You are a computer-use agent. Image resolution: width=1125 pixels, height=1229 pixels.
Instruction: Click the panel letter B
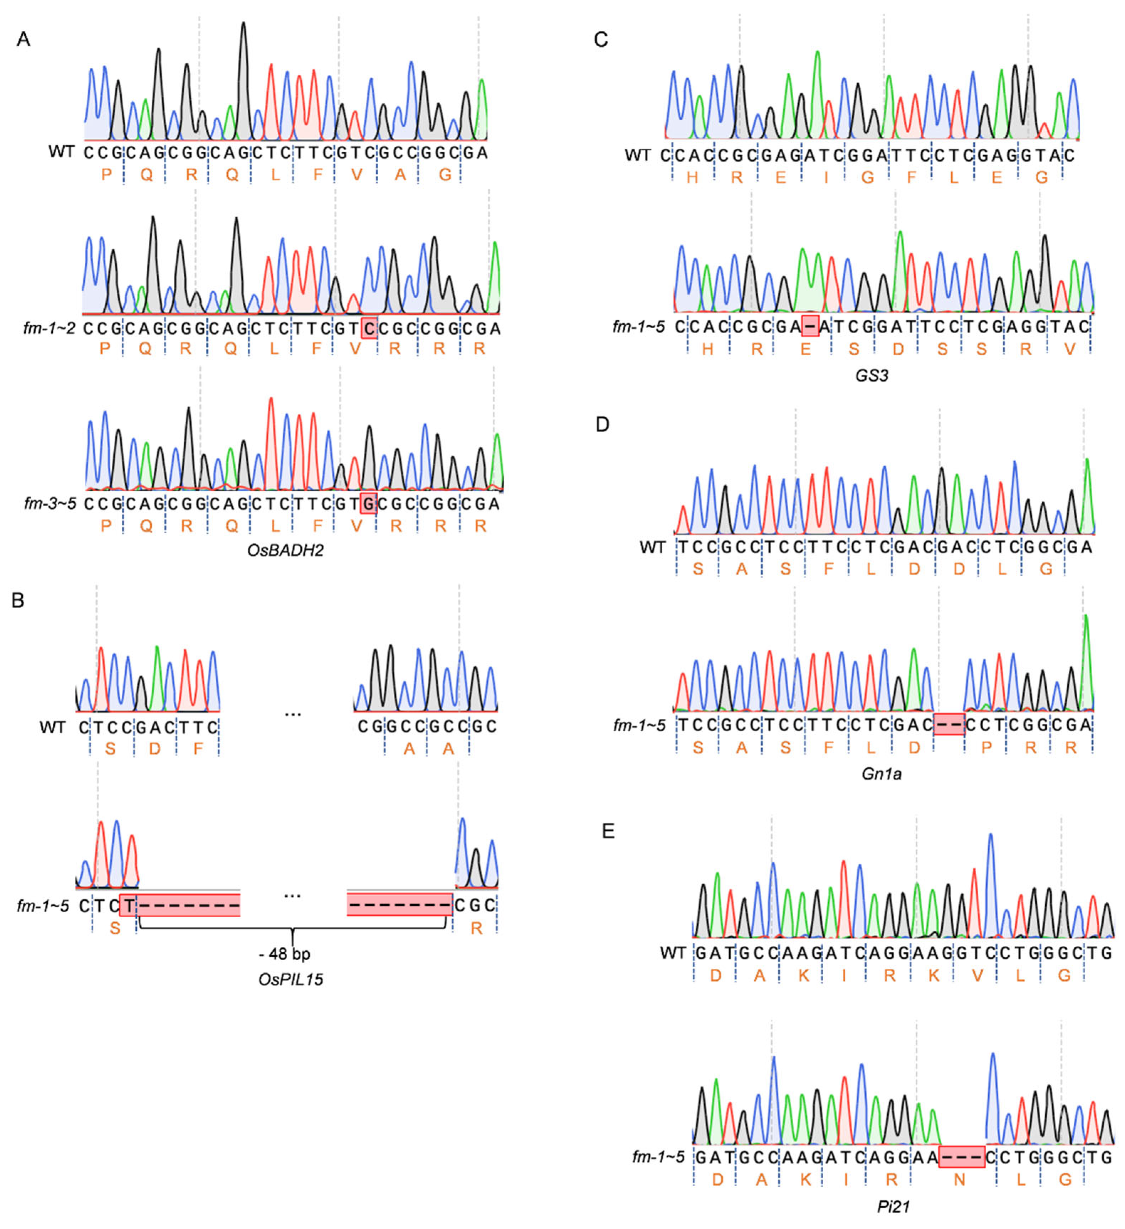pyautogui.click(x=18, y=601)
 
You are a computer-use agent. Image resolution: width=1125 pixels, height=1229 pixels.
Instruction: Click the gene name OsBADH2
pyautogui.click(x=285, y=550)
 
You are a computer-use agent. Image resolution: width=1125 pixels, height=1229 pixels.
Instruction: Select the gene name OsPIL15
pyautogui.click(x=291, y=980)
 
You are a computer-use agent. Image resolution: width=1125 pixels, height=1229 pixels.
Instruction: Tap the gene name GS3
pyautogui.click(x=872, y=376)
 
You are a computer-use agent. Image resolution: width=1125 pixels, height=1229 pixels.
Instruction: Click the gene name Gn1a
pyautogui.click(x=881, y=774)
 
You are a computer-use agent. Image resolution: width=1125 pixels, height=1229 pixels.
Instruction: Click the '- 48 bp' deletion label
pyautogui.click(x=285, y=954)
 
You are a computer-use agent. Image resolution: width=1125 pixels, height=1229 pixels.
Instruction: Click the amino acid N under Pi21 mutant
pyautogui.click(x=959, y=1180)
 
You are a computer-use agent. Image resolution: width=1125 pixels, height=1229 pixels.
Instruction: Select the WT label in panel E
pyautogui.click(x=673, y=952)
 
